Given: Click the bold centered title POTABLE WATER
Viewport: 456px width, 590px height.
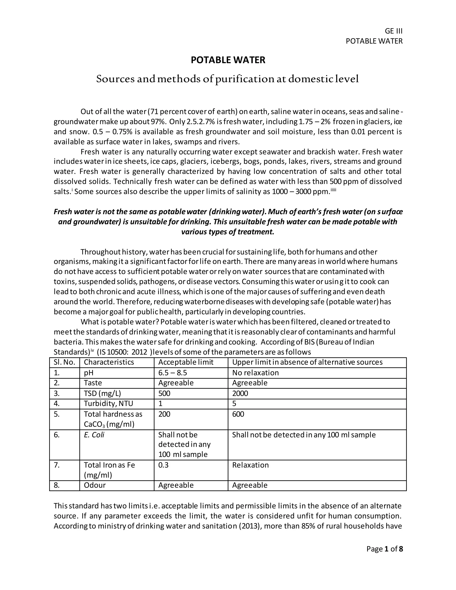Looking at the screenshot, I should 228,60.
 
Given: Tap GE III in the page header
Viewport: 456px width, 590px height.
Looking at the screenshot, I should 393,31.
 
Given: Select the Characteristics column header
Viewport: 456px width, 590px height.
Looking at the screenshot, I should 109,362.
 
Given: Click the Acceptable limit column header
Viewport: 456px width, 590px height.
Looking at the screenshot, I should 186,362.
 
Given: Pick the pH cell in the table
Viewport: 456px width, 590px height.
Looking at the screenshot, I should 89,373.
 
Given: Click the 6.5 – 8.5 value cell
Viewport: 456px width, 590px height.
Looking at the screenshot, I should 172,373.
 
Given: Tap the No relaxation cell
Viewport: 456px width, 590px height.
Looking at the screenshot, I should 255,373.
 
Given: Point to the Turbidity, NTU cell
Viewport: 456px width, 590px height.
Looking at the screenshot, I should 108,404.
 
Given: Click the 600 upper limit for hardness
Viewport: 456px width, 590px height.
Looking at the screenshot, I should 238,414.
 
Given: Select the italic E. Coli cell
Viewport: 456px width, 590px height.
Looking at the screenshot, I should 94,435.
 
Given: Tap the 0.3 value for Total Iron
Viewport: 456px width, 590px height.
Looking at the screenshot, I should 163,465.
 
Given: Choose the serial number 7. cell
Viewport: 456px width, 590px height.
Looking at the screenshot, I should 57,465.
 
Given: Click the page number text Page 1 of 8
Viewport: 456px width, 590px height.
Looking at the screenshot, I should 384,549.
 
